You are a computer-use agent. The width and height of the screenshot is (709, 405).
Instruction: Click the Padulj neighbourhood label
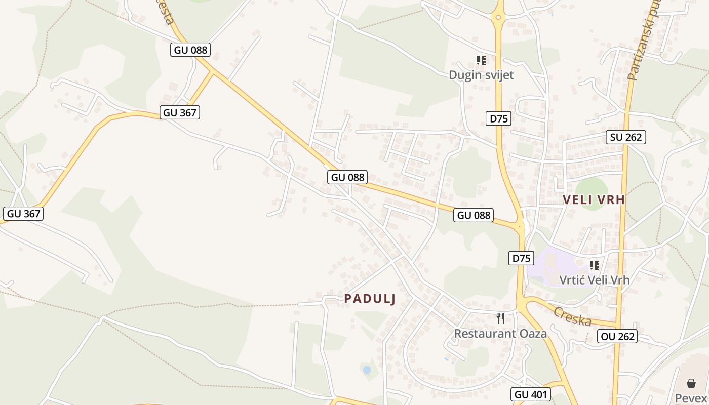[370, 299]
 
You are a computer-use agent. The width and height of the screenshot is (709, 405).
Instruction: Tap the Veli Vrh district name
[594, 200]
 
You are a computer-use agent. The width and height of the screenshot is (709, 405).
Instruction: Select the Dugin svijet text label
[481, 75]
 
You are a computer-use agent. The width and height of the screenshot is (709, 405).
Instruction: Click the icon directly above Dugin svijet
[481, 60]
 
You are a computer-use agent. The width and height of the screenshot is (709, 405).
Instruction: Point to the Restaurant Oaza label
[500, 334]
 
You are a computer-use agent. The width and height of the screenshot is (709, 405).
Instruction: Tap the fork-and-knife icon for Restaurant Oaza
[500, 318]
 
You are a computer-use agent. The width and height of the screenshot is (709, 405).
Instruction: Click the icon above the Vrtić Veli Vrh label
[595, 265]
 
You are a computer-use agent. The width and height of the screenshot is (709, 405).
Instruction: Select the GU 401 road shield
[531, 394]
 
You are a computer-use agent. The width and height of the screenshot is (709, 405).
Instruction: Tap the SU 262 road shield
[626, 137]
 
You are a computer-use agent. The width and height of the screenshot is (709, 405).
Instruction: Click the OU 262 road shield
[617, 336]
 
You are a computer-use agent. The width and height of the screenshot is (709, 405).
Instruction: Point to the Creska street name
[572, 316]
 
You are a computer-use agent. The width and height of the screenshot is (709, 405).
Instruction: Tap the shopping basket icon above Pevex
[691, 383]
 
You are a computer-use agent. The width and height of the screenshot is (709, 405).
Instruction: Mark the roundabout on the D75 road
[498, 18]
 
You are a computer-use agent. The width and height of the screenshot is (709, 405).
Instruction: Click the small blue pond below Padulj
[367, 370]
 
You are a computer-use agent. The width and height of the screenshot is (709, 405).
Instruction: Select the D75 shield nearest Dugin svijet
[499, 119]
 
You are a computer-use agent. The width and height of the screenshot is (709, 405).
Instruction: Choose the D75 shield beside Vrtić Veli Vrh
[521, 258]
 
